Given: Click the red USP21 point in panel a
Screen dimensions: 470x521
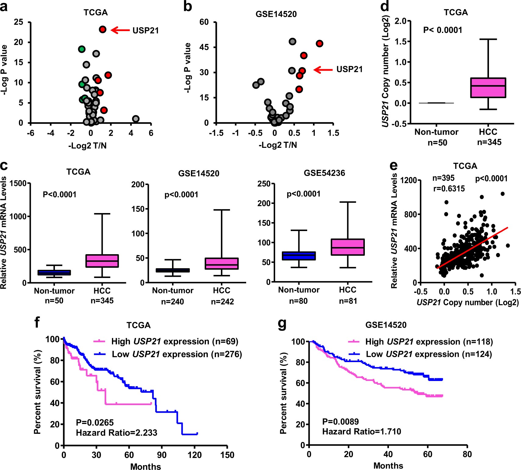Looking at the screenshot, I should click(x=102, y=30).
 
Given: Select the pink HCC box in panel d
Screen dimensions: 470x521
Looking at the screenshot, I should click(x=488, y=88).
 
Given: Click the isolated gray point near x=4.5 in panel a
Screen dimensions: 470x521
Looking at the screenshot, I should click(x=136, y=119).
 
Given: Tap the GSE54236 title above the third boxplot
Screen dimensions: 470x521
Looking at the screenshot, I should click(x=324, y=173).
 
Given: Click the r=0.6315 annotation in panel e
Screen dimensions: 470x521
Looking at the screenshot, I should click(x=449, y=189).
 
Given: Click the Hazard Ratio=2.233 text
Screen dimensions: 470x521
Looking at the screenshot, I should click(x=117, y=433).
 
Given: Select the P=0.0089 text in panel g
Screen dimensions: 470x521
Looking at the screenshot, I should click(x=340, y=422).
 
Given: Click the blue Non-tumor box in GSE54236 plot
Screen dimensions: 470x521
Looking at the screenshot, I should click(x=299, y=256).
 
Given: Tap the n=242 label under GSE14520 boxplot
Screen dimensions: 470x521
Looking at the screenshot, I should click(x=222, y=302).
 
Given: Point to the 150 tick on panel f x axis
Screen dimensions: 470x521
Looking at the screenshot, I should click(x=228, y=455).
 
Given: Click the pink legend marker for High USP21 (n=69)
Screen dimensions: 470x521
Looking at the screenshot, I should click(x=99, y=341).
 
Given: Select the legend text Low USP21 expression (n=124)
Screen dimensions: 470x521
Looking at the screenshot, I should click(x=429, y=354).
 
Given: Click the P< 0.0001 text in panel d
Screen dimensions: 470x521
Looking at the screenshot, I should click(x=443, y=30).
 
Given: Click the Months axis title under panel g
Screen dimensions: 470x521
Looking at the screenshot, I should click(x=388, y=466).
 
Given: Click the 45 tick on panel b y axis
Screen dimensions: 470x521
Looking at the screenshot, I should click(x=204, y=47).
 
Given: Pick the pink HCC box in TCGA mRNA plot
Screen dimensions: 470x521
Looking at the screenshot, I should click(x=102, y=261).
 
